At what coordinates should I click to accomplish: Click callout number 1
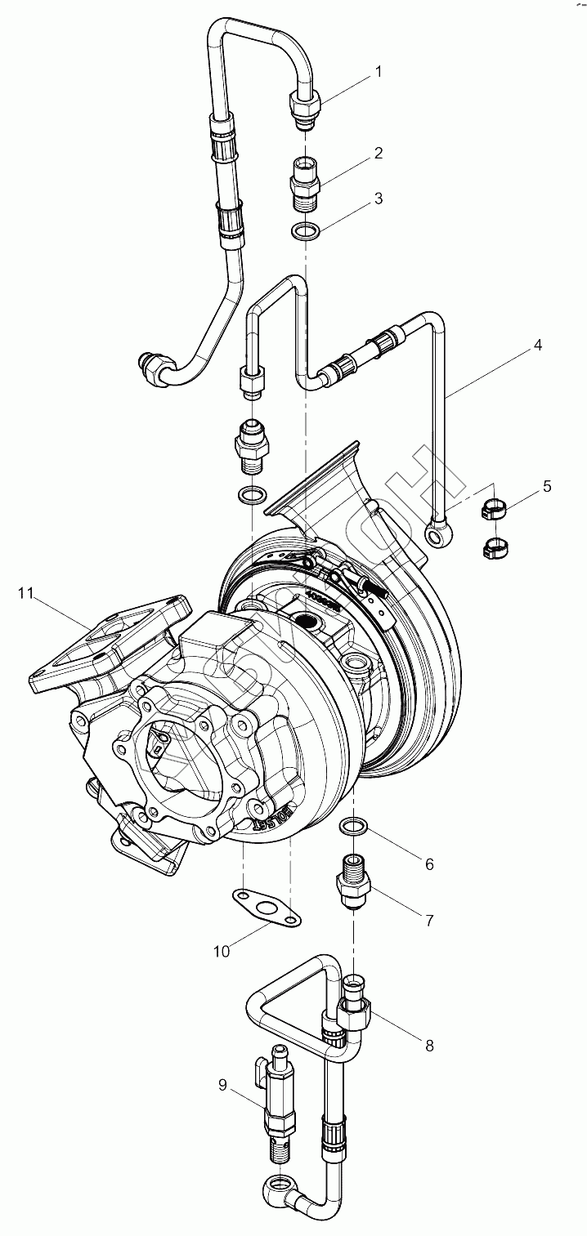coord(378,72)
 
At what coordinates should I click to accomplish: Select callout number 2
coord(378,153)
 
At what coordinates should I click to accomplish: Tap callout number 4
coord(537,345)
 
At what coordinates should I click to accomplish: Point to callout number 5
coord(546,487)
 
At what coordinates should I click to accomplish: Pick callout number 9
coord(222,1085)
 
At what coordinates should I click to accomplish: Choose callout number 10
coord(222,950)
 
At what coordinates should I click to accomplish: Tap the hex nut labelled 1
coord(305,105)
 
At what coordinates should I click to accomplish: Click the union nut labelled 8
coord(356,1015)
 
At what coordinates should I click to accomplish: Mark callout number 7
coord(428,921)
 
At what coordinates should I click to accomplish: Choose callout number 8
coord(428,1045)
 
